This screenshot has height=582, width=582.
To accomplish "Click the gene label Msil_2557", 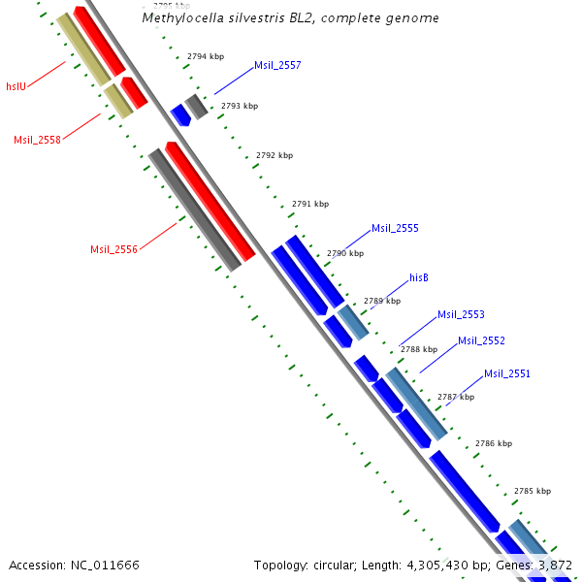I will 277,66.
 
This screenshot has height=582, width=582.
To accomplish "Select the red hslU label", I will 16,86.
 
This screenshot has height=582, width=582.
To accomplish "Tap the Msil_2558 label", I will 37,140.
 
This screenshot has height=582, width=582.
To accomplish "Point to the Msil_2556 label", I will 113,249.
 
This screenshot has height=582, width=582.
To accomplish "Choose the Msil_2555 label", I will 395,229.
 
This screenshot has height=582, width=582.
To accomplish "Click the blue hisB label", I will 419,277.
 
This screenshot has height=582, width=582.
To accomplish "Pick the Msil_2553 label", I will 461,314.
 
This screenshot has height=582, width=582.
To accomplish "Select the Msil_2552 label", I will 481,340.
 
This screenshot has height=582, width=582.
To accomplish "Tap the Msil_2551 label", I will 507,373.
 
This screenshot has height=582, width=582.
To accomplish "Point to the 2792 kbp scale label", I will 275,155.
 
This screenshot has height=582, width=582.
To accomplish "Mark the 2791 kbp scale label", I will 310,204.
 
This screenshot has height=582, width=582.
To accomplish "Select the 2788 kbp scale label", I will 419,349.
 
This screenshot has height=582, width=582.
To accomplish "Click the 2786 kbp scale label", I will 494,443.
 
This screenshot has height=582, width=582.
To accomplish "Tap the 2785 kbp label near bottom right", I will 533,491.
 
